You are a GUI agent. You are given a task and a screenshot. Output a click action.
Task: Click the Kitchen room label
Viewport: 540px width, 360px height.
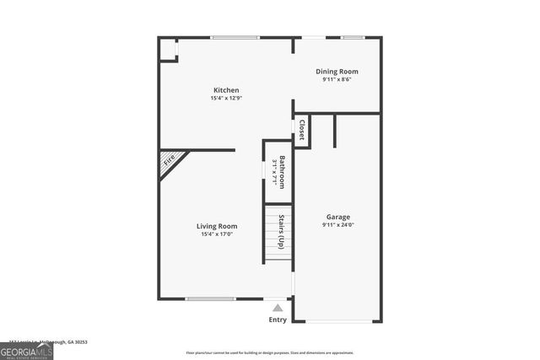pyautogui.click(x=225, y=90)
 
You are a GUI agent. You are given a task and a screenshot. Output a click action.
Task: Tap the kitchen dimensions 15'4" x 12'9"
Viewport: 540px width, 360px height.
pyautogui.click(x=225, y=99)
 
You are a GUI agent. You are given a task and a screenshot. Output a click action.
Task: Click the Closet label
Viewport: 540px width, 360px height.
pyautogui.click(x=301, y=132)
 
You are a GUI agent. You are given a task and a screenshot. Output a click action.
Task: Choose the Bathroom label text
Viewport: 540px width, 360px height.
pyautogui.click(x=283, y=172)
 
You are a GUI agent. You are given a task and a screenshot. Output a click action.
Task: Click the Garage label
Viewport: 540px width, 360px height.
pyautogui.click(x=337, y=217)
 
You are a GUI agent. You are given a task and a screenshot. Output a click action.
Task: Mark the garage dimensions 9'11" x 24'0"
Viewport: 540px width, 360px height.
pyautogui.click(x=337, y=225)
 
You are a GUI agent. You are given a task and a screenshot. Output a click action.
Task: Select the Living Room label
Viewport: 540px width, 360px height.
pyautogui.click(x=217, y=226)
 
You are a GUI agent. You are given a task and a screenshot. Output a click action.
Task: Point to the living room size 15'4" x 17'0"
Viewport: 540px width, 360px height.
pyautogui.click(x=217, y=234)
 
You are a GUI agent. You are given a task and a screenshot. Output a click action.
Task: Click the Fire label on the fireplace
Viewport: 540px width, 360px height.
pyautogui.click(x=170, y=159)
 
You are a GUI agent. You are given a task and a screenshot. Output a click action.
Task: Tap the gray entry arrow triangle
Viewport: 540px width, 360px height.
pyautogui.click(x=278, y=309)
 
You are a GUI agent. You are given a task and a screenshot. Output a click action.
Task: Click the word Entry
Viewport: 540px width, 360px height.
pyautogui.click(x=278, y=320)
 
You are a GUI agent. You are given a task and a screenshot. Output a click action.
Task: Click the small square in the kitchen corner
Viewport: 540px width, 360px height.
pyautogui.click(x=169, y=49)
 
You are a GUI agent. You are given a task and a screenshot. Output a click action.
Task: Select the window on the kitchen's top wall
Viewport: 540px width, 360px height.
pyautogui.click(x=235, y=38)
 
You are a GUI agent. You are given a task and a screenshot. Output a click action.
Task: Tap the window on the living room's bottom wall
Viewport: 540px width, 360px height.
pyautogui.click(x=210, y=298)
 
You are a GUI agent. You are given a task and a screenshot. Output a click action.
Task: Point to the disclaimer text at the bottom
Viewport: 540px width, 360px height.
pyautogui.click(x=271, y=352)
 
